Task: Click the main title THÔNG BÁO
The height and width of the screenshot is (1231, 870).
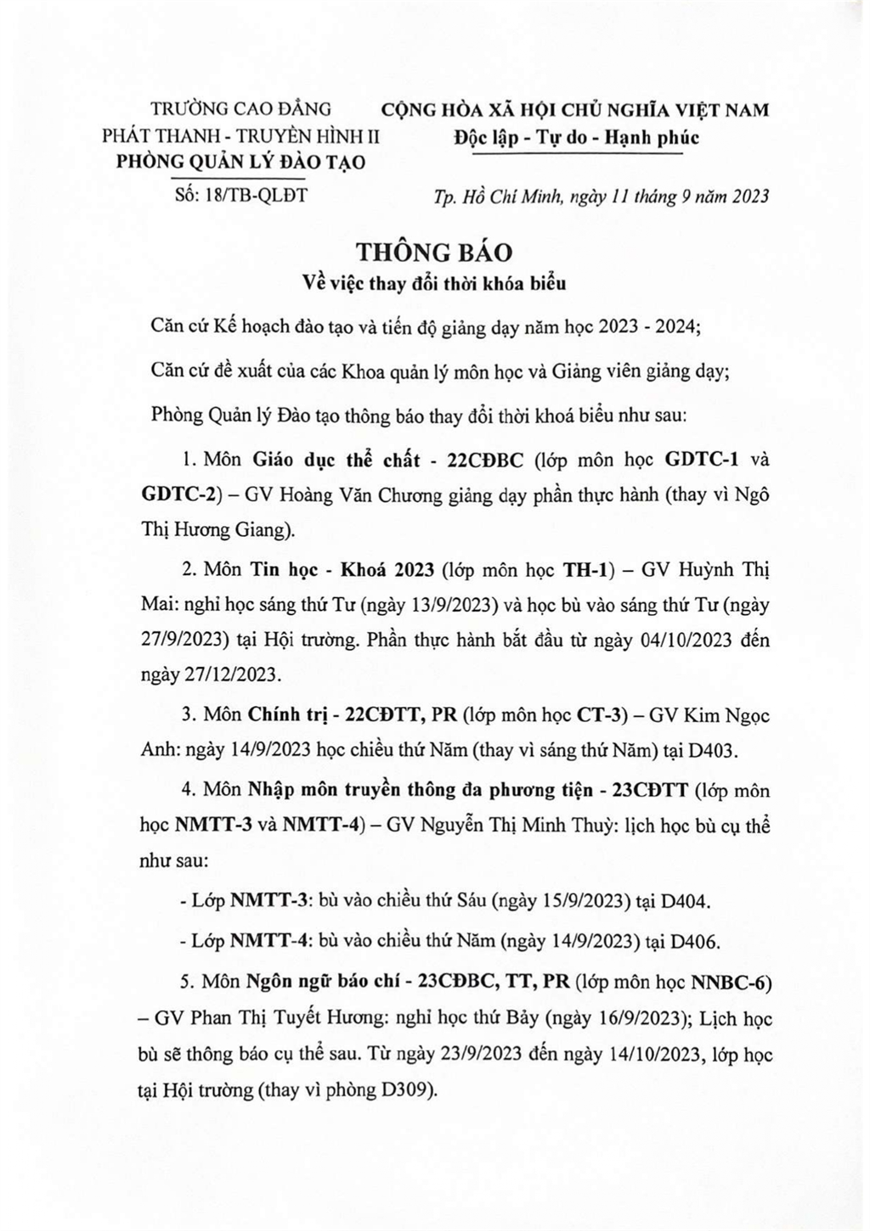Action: point(434,252)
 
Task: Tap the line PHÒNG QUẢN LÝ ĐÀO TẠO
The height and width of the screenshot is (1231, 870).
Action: point(240,161)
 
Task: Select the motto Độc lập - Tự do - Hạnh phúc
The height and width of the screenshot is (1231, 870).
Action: point(576,137)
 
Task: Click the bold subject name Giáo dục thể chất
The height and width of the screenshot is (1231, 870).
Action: point(336,460)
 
